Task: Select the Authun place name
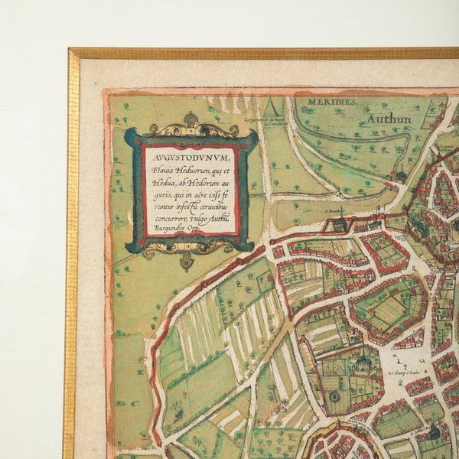point(389,119)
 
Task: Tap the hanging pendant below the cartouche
point(187,261)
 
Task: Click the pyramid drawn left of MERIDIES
point(272,107)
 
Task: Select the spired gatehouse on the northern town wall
point(340,221)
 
